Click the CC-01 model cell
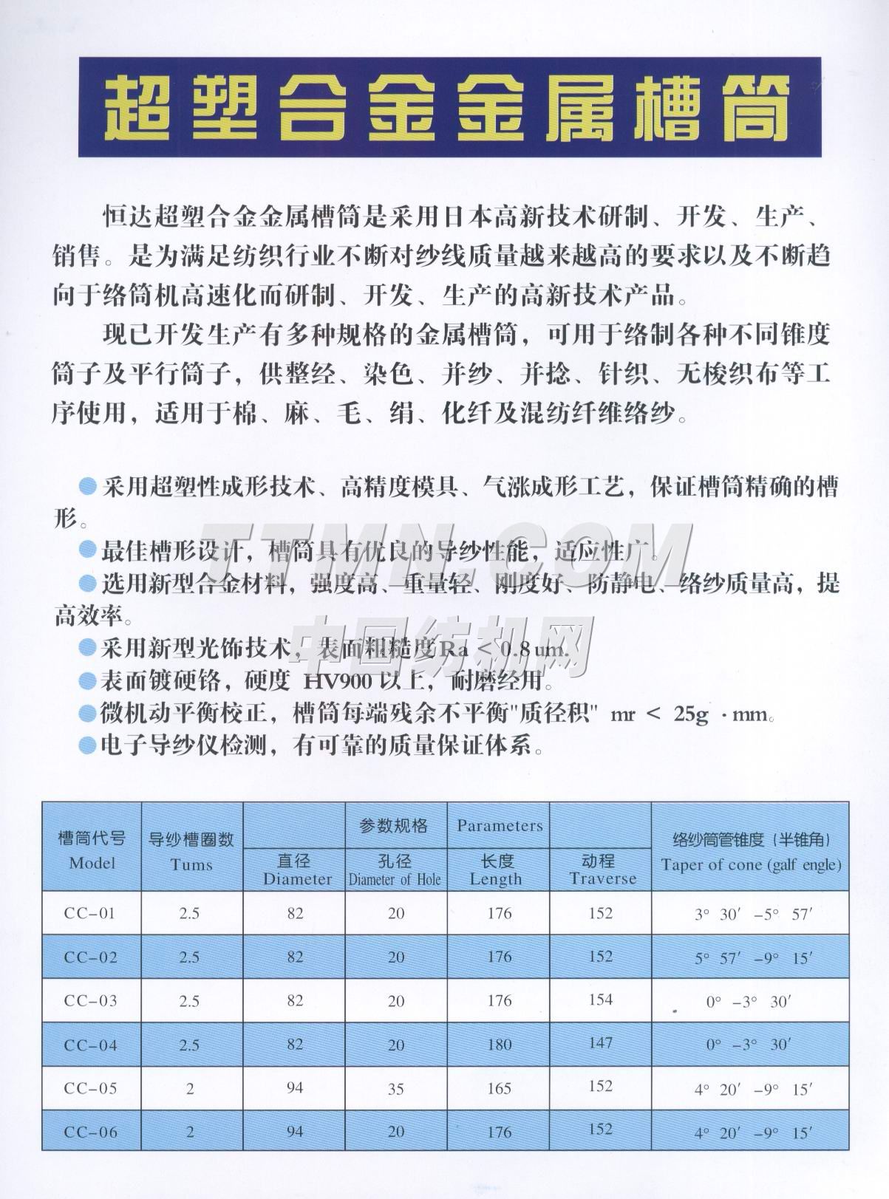click(x=90, y=914)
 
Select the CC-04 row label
click(x=90, y=1045)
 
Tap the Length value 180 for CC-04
click(x=500, y=1045)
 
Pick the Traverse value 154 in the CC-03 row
click(x=602, y=1000)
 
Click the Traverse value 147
click(x=602, y=1042)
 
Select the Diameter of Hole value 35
click(x=396, y=1088)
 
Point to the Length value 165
click(x=500, y=1088)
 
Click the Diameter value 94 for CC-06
click(x=295, y=1132)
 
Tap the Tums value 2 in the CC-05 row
click(x=190, y=1088)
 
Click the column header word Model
click(x=92, y=863)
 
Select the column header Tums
click(x=191, y=864)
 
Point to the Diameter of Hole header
click(x=395, y=879)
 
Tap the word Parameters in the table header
click(x=500, y=825)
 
